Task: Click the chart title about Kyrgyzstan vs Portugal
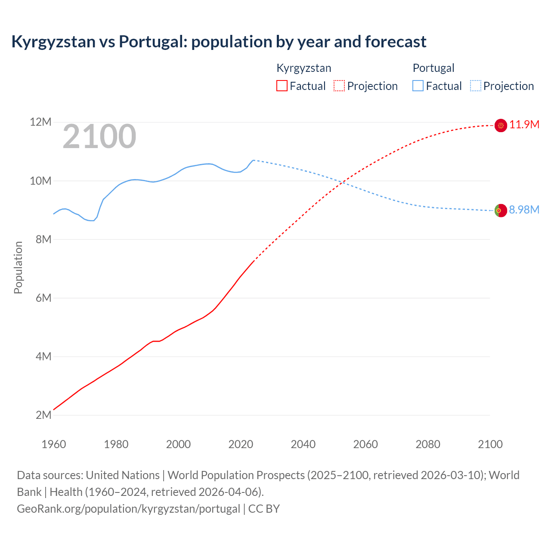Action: coord(219,42)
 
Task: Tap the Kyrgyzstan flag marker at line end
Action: coord(501,125)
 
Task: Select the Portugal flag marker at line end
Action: coord(501,210)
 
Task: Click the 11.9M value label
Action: coord(524,125)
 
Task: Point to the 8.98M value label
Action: coord(524,210)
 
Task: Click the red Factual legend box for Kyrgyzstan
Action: coord(282,86)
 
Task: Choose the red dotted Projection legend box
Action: coord(339,86)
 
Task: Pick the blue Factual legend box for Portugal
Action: coord(418,86)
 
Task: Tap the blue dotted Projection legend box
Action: coord(475,86)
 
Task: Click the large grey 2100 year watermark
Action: coord(99,136)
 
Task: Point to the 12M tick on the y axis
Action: coord(40,122)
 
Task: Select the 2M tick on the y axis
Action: coord(43,415)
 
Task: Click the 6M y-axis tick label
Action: coord(43,298)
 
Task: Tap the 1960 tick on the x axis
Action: coord(54,444)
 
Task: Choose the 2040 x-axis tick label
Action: coord(303,444)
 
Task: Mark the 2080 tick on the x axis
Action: coord(428,444)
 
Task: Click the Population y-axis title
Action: coord(18,267)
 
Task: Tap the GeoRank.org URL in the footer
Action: coord(128,509)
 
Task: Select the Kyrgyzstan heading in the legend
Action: coord(303,68)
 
